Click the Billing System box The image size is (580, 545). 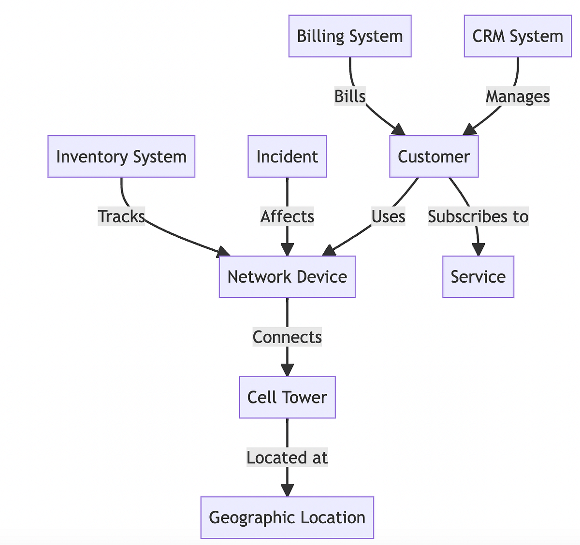(x=350, y=36)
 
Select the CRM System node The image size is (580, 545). (x=518, y=36)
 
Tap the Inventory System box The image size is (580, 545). (x=121, y=157)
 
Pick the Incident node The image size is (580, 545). (x=287, y=157)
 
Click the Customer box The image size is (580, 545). (x=434, y=157)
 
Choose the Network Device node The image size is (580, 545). (x=287, y=277)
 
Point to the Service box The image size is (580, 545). (x=478, y=277)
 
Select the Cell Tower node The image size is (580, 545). (x=287, y=397)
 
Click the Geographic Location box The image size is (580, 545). (x=287, y=517)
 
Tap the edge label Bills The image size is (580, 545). (x=350, y=96)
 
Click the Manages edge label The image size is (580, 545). (x=518, y=96)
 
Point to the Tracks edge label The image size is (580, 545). (x=121, y=216)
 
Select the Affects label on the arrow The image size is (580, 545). (x=287, y=216)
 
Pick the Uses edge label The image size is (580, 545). (x=388, y=216)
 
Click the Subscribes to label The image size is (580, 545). (x=478, y=216)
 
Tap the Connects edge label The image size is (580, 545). (x=287, y=337)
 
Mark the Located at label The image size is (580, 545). (x=287, y=457)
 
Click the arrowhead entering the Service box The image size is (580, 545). (x=478, y=249)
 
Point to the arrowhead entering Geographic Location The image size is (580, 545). (x=287, y=490)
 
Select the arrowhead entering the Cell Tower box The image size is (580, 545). (x=287, y=370)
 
